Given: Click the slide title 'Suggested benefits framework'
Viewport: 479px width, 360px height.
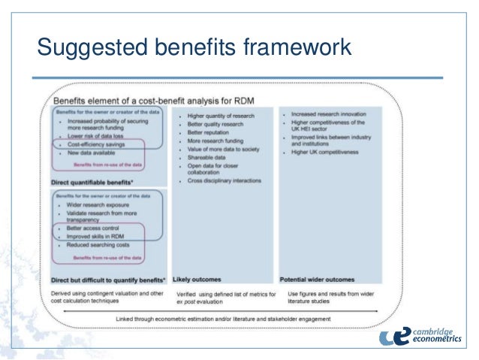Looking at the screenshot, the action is click(x=194, y=48).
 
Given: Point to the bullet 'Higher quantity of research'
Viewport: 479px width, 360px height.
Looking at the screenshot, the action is click(x=222, y=116).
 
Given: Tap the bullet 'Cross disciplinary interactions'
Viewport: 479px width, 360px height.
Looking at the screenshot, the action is click(x=226, y=180).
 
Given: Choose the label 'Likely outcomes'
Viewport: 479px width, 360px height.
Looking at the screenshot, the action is click(x=197, y=279).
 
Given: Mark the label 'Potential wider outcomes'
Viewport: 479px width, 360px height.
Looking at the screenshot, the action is click(x=317, y=279).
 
